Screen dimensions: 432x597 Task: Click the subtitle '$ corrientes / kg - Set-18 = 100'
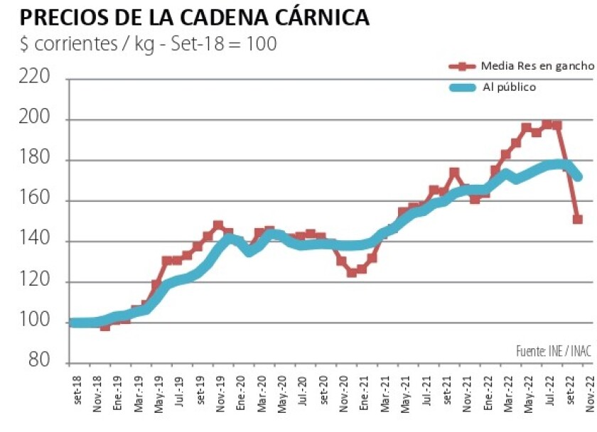point(148,43)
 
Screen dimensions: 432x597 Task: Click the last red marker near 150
point(578,220)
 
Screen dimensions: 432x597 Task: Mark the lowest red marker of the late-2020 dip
point(352,272)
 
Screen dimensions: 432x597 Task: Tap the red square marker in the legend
point(463,66)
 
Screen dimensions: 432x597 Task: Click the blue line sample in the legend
point(463,87)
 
